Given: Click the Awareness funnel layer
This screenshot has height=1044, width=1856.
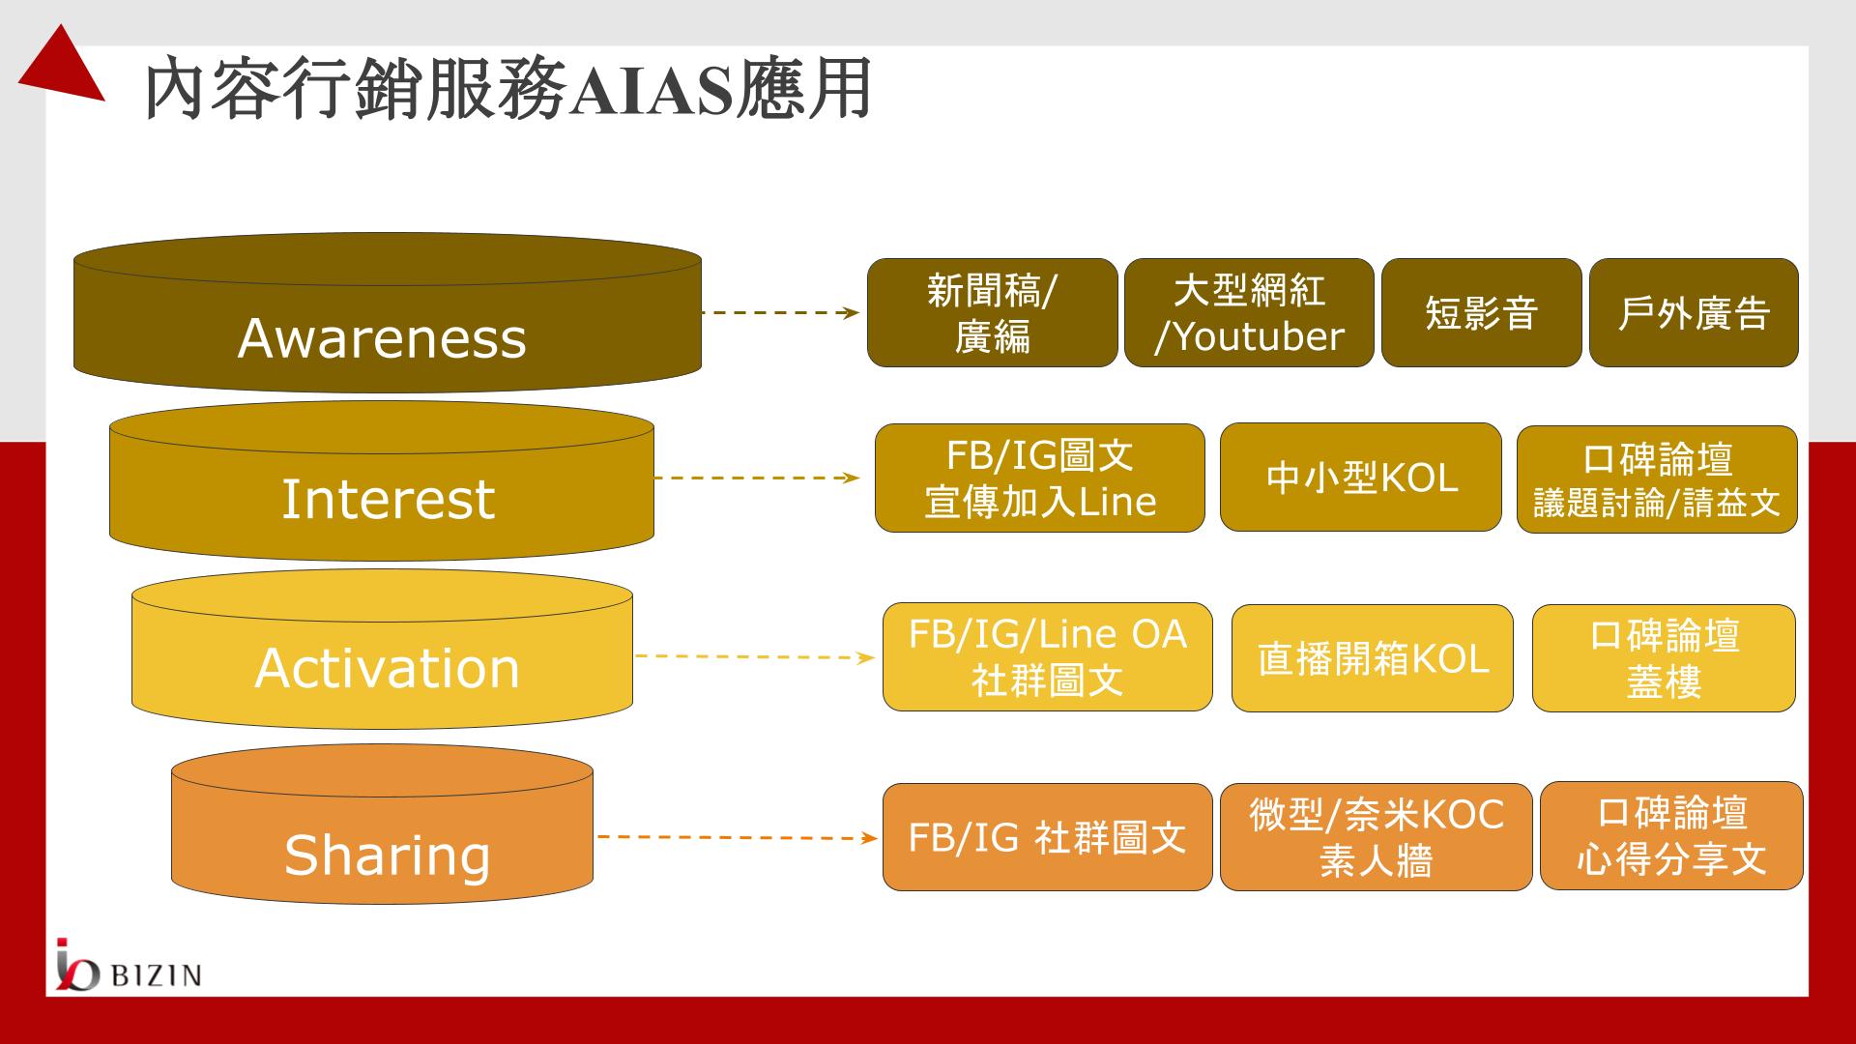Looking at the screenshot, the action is pyautogui.click(x=387, y=313).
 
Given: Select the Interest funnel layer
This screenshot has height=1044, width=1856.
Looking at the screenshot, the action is pyautogui.click(x=382, y=481).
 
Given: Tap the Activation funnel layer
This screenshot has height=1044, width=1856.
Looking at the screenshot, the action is pyautogui.click(x=382, y=650).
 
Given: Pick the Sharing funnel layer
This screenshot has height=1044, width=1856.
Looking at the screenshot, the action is pyautogui.click(x=382, y=825).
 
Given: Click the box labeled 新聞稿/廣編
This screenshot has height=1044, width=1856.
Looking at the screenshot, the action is pyautogui.click(x=992, y=312).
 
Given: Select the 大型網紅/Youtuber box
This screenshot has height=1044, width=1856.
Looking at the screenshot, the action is pyautogui.click(x=1249, y=312).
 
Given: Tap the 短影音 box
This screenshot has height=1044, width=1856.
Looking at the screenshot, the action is pyautogui.click(x=1481, y=312).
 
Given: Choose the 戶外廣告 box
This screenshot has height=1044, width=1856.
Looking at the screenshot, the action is pyautogui.click(x=1694, y=312).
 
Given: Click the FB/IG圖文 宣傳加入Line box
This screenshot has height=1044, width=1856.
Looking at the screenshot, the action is pyautogui.click(x=1040, y=478).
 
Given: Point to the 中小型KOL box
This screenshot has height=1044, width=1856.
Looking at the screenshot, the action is pyautogui.click(x=1361, y=477).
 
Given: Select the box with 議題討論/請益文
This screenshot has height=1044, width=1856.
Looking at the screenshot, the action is pyautogui.click(x=1657, y=479).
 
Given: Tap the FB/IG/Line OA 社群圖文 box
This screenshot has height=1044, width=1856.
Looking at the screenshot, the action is pyautogui.click(x=1047, y=656).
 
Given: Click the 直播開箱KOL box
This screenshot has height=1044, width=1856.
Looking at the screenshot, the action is pyautogui.click(x=1373, y=658).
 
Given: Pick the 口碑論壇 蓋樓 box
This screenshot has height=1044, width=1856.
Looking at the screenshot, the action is pyautogui.click(x=1664, y=658).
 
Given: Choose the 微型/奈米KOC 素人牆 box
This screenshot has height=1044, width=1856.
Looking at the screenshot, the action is pyautogui.click(x=1377, y=836).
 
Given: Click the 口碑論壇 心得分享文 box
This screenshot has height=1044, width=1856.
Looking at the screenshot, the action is pyautogui.click(x=1671, y=835).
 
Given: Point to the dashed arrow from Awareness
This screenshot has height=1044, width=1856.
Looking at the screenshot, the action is pyautogui.click(x=781, y=312).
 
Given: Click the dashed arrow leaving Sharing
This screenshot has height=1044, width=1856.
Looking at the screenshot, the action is pyautogui.click(x=738, y=837).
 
